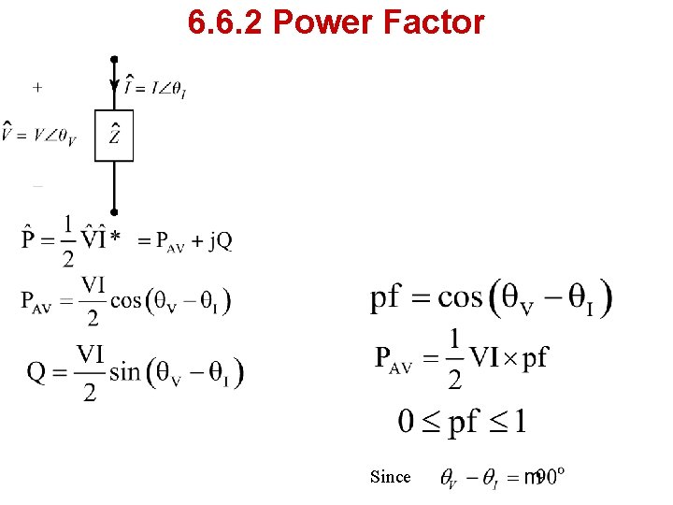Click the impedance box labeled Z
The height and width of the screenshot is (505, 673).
coord(114,136)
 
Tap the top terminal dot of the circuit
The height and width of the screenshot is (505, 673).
coord(114,60)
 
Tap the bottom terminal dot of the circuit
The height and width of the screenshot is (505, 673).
coord(114,212)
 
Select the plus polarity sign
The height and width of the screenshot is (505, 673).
coord(37,87)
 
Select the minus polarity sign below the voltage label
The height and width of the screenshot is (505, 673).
coord(37,187)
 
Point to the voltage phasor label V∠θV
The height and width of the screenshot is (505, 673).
coord(38,136)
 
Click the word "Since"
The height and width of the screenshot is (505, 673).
coord(390,477)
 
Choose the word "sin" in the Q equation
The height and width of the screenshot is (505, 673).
coord(125,371)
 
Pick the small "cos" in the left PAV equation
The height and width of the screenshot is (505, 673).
coord(125,300)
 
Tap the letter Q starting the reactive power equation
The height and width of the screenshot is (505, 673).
coord(36,372)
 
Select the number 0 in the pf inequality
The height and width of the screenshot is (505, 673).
coord(407,422)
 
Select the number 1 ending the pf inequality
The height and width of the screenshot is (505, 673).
coord(520,422)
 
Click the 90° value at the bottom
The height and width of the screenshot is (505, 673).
coord(551,477)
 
